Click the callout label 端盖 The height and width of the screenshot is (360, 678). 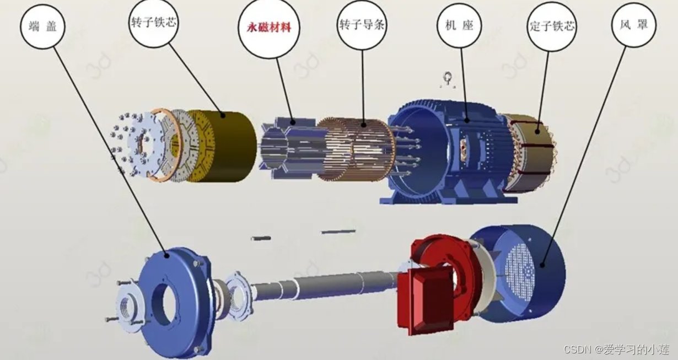(42, 26)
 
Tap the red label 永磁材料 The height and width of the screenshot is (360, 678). (269, 28)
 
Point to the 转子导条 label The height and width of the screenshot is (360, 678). (362, 25)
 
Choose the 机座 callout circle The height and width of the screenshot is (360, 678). (459, 25)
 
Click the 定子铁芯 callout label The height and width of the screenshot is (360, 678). (552, 26)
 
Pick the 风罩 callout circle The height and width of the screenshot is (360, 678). (634, 25)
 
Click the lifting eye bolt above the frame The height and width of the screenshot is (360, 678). (448, 79)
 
